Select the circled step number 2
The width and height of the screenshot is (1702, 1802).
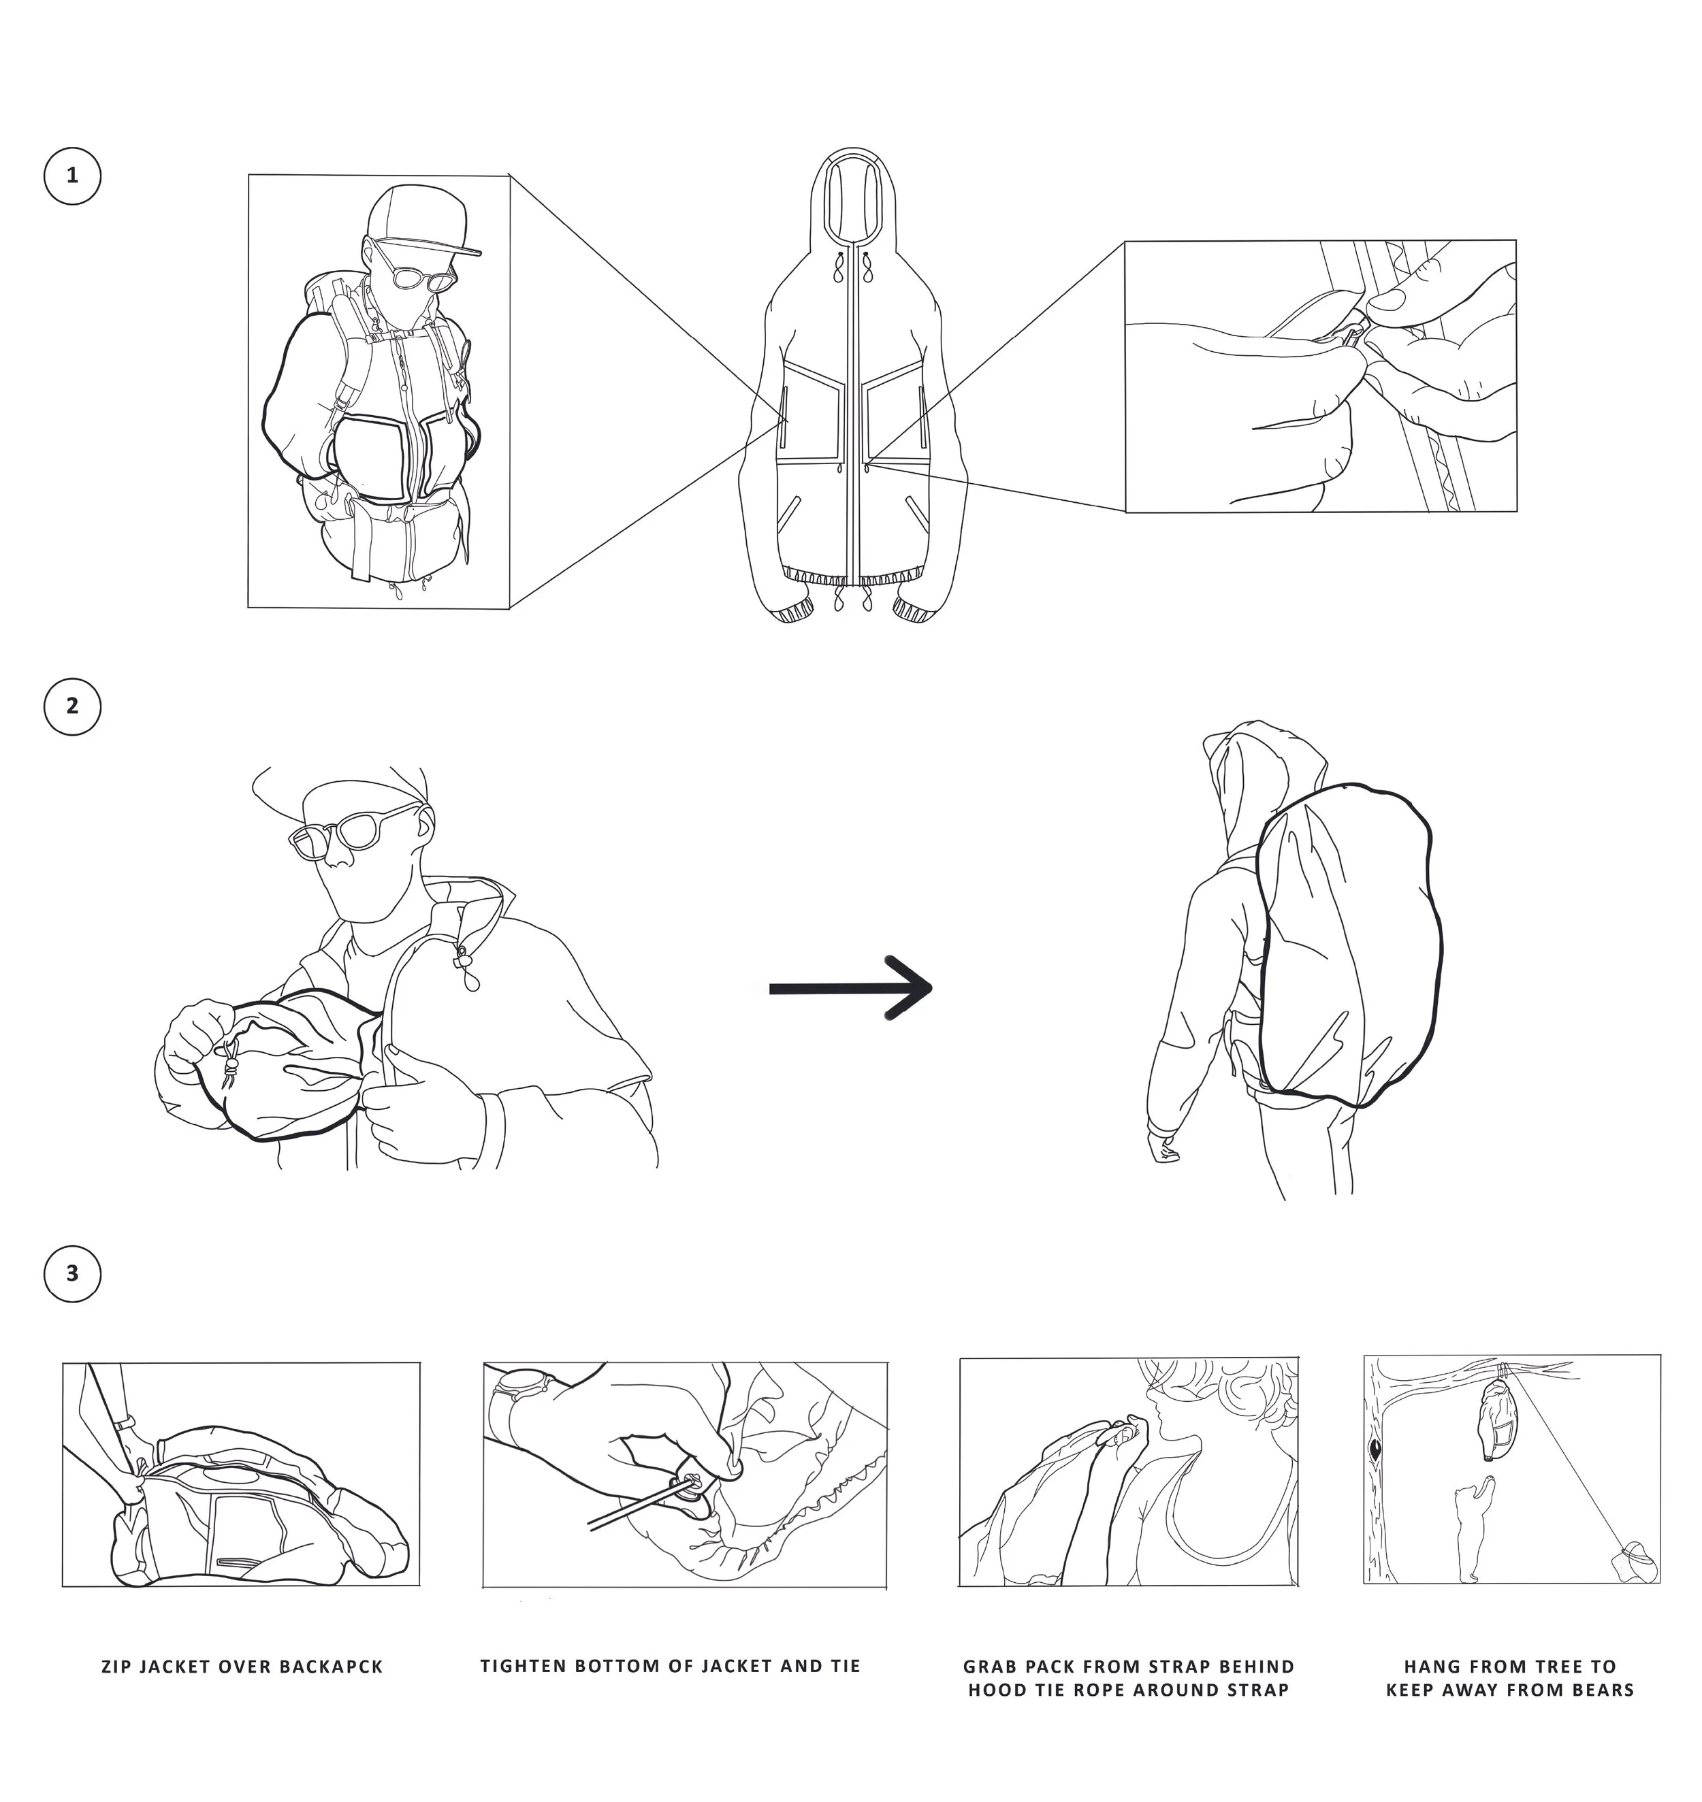[73, 706]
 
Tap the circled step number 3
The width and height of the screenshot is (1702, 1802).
[73, 1273]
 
